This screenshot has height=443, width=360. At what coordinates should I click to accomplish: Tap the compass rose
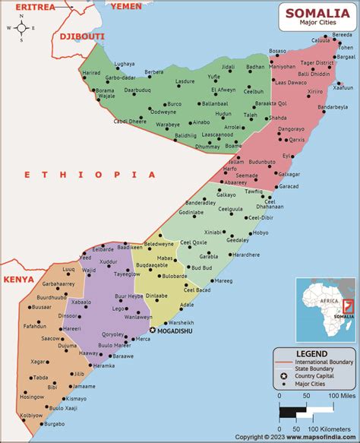tap(22, 29)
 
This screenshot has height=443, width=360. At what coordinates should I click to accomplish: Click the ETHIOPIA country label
tap(89, 174)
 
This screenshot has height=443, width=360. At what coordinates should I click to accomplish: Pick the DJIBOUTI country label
tap(81, 36)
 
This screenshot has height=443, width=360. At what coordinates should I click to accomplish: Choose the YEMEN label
tap(126, 6)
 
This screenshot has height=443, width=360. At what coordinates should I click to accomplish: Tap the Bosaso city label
tap(278, 51)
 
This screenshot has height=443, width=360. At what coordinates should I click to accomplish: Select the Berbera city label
tap(154, 72)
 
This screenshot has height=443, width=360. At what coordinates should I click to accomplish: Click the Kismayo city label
tap(76, 398)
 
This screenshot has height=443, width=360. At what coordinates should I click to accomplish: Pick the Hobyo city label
tap(261, 233)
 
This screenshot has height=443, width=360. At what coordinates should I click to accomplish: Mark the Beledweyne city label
tap(159, 244)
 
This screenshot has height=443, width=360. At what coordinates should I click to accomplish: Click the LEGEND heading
tap(311, 354)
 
